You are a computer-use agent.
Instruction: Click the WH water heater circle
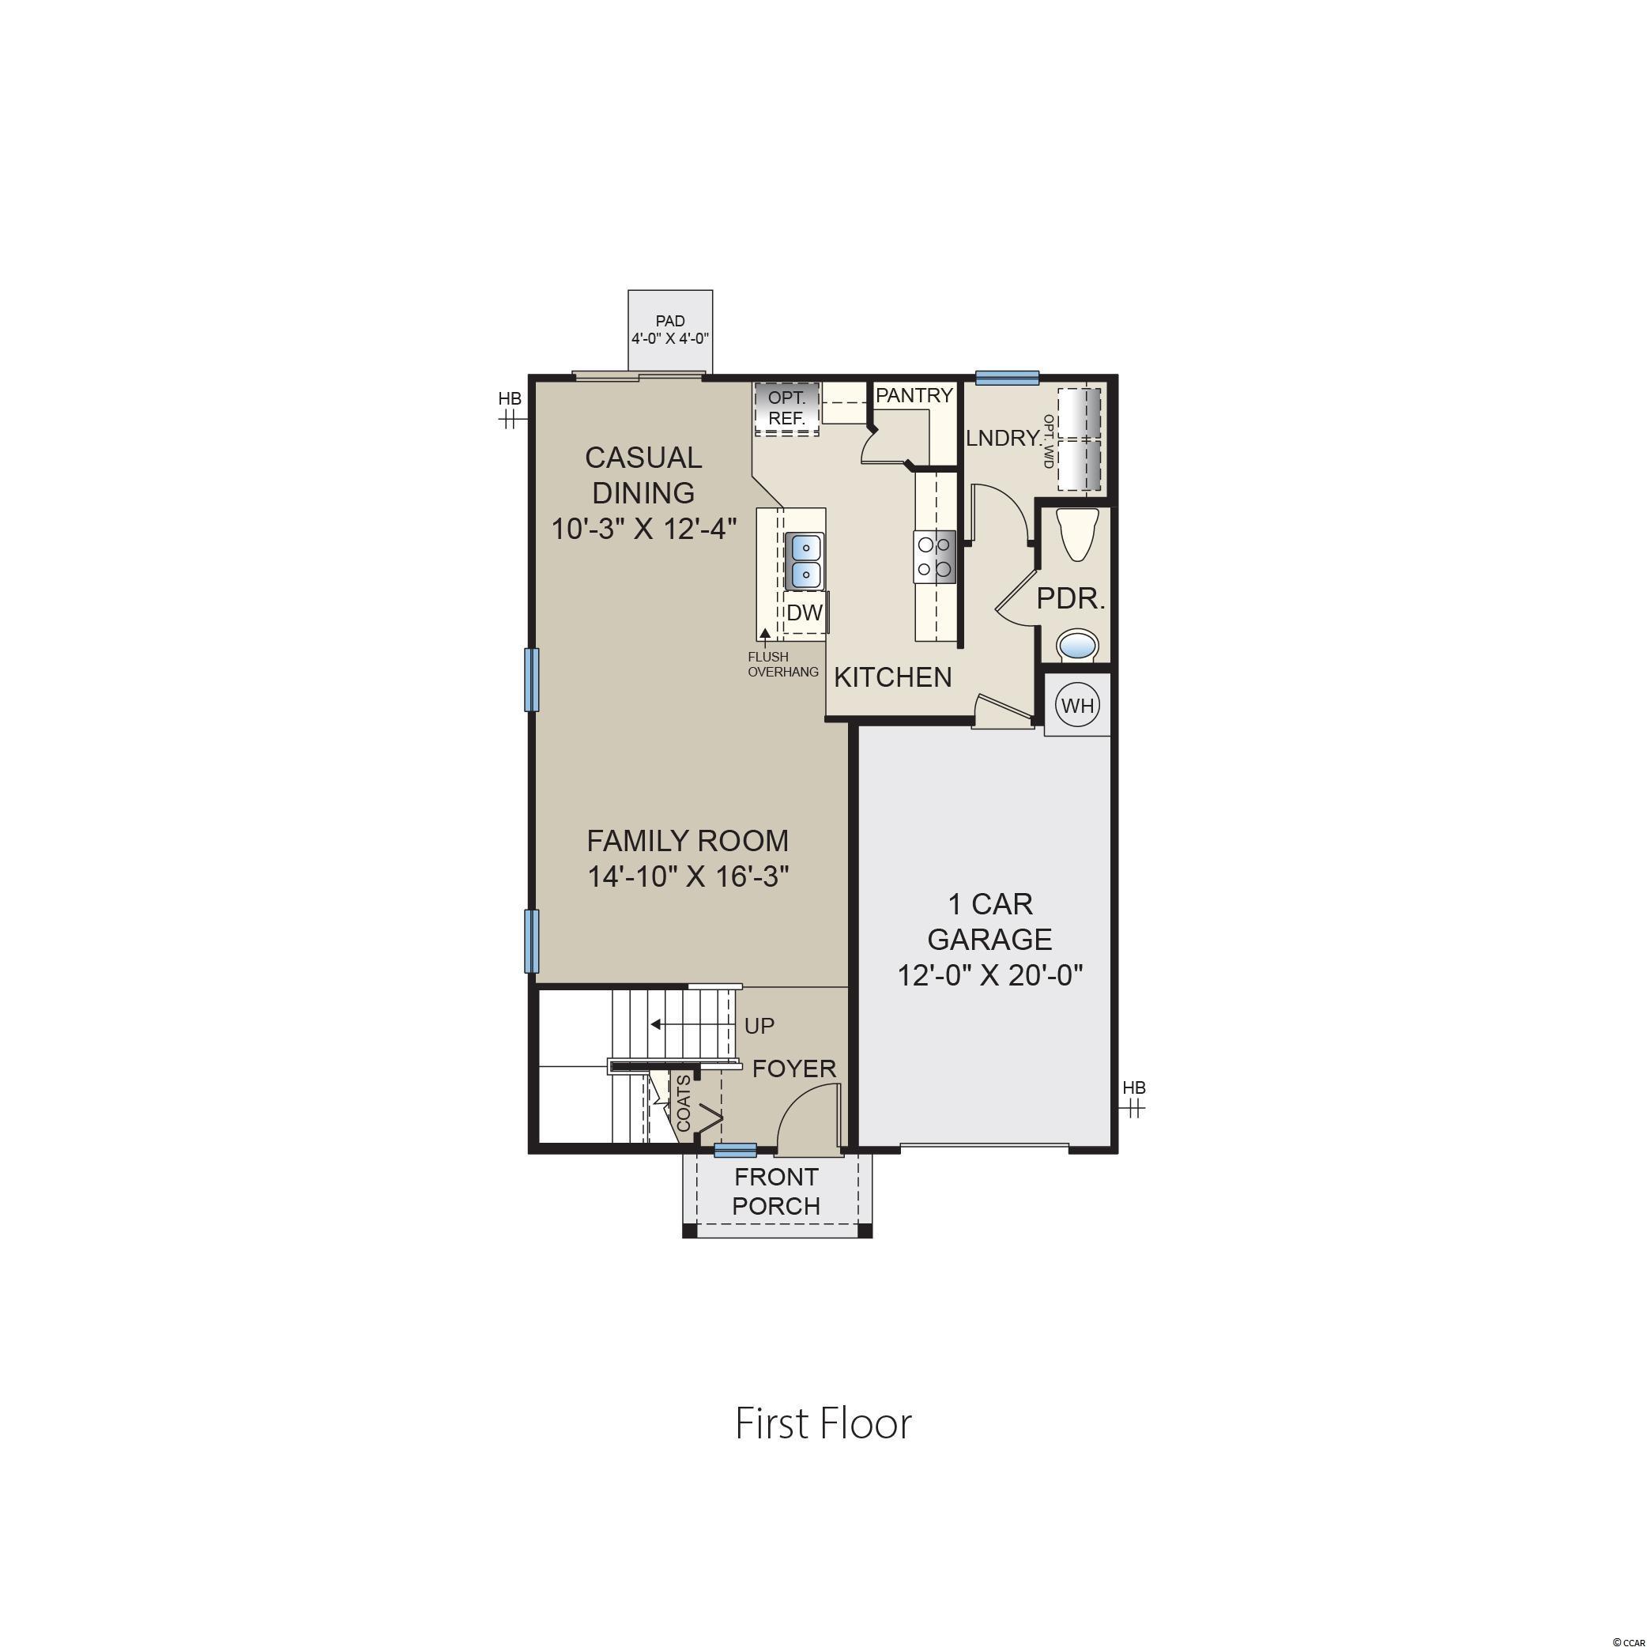(x=1077, y=705)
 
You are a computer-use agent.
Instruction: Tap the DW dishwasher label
(x=804, y=612)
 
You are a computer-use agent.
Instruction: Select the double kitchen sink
(x=804, y=561)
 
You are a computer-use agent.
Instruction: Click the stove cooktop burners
(x=934, y=556)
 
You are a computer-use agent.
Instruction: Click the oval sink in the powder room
(x=1079, y=644)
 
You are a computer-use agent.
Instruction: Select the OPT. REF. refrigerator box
(x=786, y=409)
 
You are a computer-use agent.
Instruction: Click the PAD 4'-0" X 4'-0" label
(x=670, y=330)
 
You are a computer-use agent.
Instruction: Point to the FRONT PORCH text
(x=777, y=1191)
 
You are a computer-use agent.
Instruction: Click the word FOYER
(x=793, y=1068)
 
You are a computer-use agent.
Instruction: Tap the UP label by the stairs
(x=759, y=1026)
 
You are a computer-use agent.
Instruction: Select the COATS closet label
(x=684, y=1103)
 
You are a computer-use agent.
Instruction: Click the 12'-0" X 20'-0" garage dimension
(x=989, y=974)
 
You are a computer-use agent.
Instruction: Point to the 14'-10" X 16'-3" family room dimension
(x=687, y=876)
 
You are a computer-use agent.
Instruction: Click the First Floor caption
(x=823, y=1424)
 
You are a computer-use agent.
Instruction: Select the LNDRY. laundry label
(x=1004, y=438)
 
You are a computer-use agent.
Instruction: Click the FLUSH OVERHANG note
(x=782, y=664)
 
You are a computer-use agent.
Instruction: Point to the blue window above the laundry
(x=1007, y=378)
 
